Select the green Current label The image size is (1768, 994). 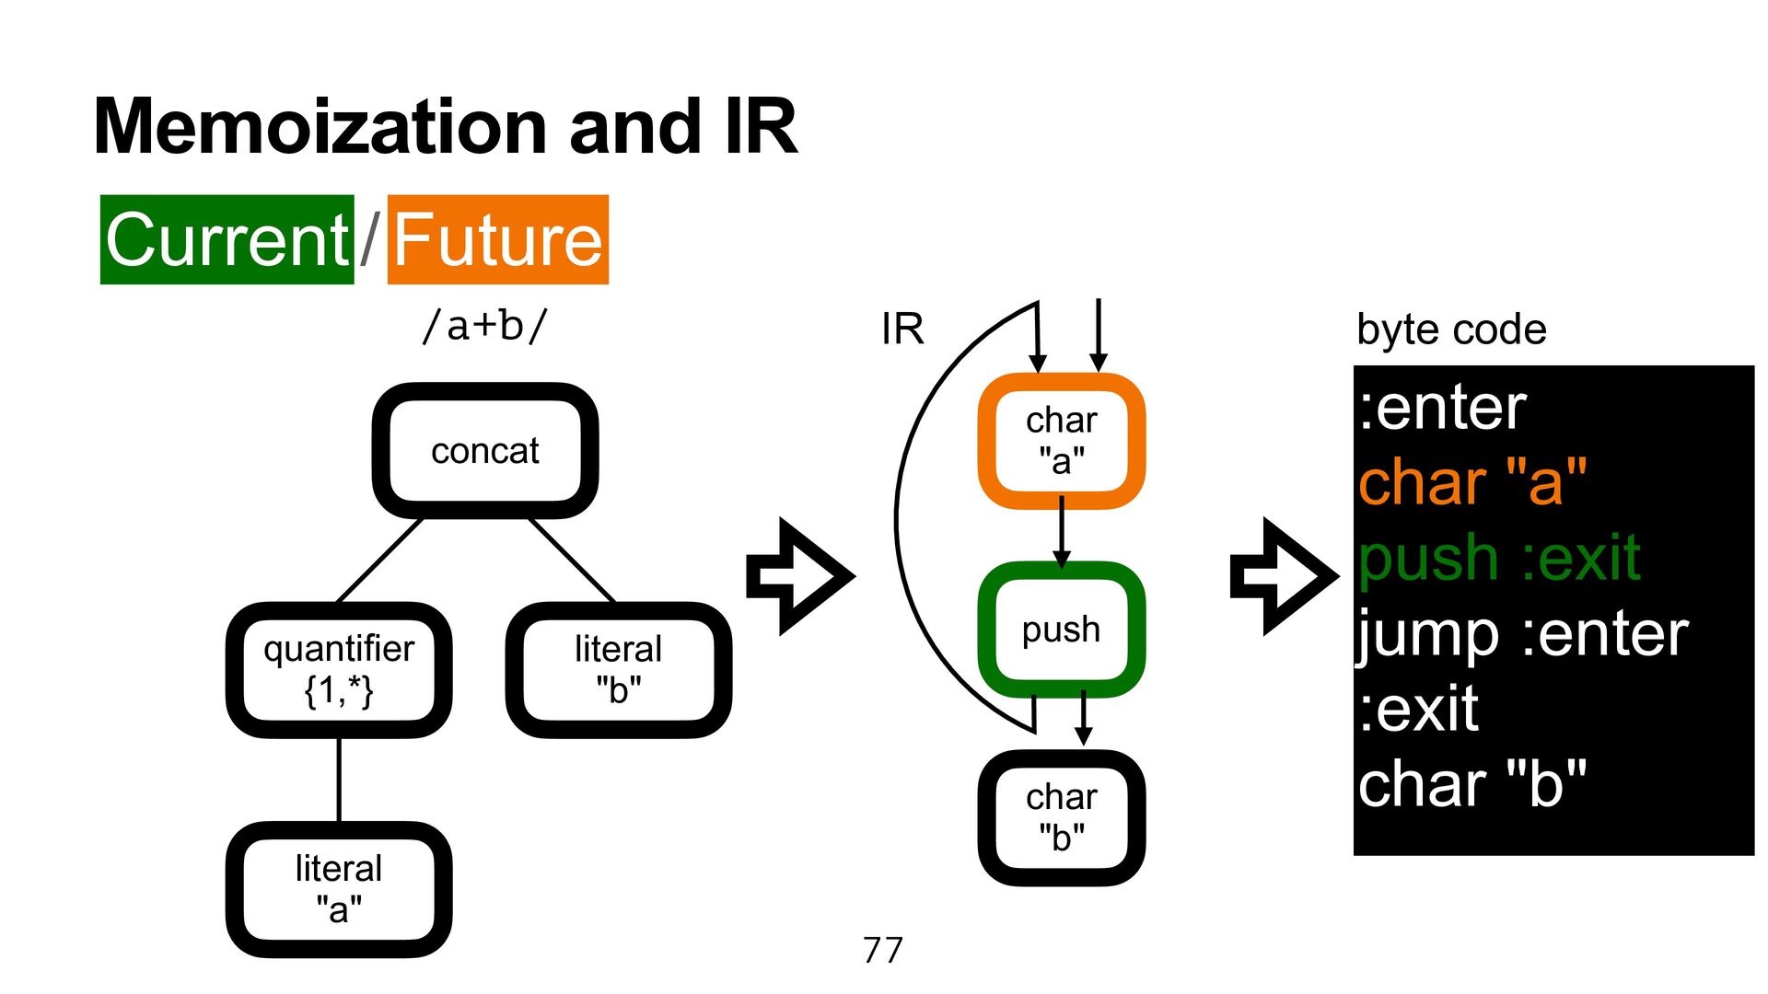coord(227,239)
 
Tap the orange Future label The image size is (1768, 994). coord(498,239)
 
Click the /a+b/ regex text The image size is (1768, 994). coord(484,326)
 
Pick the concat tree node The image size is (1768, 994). coord(485,451)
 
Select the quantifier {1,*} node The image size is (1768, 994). coord(339,670)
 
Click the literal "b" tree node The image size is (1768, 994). coord(618,670)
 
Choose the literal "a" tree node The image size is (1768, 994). coord(339,889)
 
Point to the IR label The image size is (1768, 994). coord(902,329)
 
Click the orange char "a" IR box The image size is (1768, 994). coord(1062,441)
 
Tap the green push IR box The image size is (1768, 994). coord(1062,630)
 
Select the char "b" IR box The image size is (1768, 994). coord(1062,817)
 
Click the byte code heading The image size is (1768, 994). coord(1451,329)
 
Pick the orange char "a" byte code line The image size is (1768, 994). coord(1472,481)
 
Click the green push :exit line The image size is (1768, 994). coord(1499,558)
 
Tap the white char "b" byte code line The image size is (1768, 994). coord(1472,784)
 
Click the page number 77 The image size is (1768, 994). coord(883,950)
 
